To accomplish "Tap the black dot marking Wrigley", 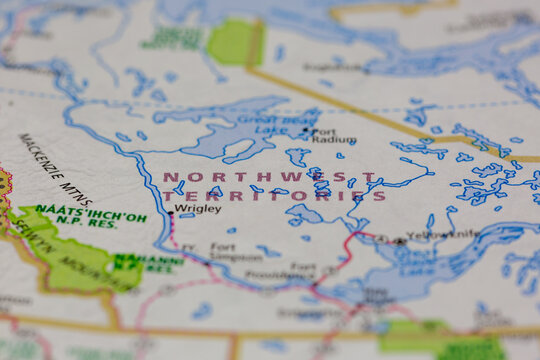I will point(171,213).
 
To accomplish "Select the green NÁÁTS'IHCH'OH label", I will point(90,213).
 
